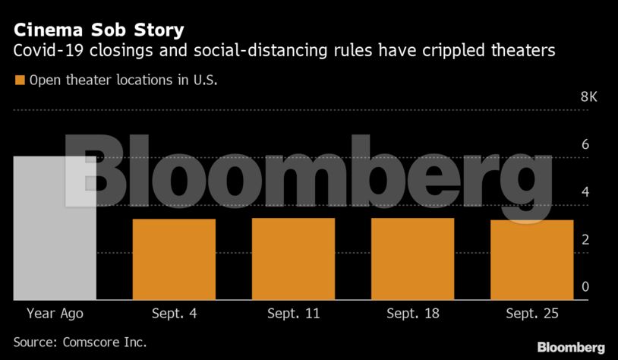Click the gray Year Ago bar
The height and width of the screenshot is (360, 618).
coord(55,228)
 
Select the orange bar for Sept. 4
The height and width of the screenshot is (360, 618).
coord(174,259)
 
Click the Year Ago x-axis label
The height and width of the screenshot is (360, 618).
coord(55,313)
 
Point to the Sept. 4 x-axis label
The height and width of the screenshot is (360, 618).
coord(174,313)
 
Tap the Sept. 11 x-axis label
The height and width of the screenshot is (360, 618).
coord(293,313)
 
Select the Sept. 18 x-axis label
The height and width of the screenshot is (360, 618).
coord(412,313)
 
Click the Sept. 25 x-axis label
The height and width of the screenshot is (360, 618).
coord(531,313)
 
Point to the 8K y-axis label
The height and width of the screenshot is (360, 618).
coord(589,97)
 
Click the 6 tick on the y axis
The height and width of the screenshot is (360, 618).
coord(585,144)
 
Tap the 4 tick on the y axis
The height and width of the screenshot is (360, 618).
coord(585,192)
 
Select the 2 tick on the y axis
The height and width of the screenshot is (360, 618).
coord(585,239)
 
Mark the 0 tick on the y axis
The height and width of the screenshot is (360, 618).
coord(585,286)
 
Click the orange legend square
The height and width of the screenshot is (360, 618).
coord(20,80)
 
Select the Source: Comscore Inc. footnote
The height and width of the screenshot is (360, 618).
coord(80,342)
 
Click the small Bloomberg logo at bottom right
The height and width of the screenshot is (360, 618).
coord(571,347)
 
